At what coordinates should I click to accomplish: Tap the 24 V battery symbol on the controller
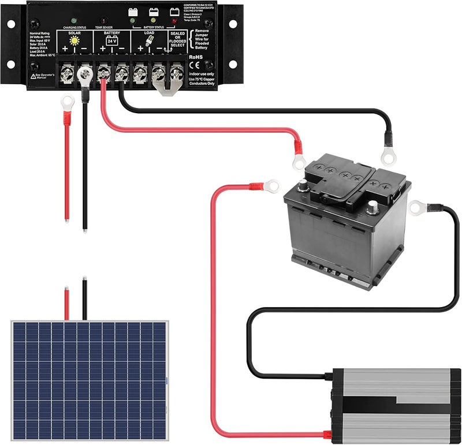(x=112, y=42)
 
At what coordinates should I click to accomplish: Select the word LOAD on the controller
(x=148, y=33)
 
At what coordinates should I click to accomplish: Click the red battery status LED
(x=174, y=21)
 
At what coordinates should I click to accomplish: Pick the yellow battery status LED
(x=154, y=21)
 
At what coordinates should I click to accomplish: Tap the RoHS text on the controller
(x=196, y=57)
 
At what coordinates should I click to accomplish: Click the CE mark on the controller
(x=195, y=65)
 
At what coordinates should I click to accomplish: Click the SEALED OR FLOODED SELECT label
(x=177, y=39)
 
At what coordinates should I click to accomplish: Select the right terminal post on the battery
(x=372, y=207)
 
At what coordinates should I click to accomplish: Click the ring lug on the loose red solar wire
(x=67, y=103)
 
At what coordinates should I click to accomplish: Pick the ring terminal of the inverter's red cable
(x=271, y=186)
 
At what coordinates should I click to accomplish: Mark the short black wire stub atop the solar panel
(x=84, y=299)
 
